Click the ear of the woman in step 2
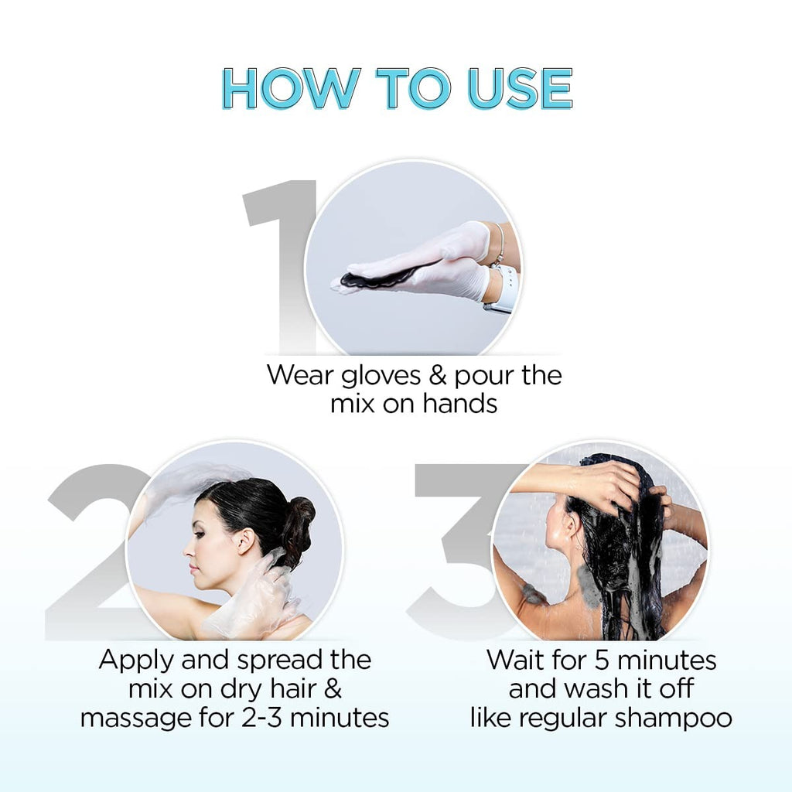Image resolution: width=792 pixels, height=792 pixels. (x=244, y=541)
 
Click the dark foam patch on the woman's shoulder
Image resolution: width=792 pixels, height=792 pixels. (x=534, y=592)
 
